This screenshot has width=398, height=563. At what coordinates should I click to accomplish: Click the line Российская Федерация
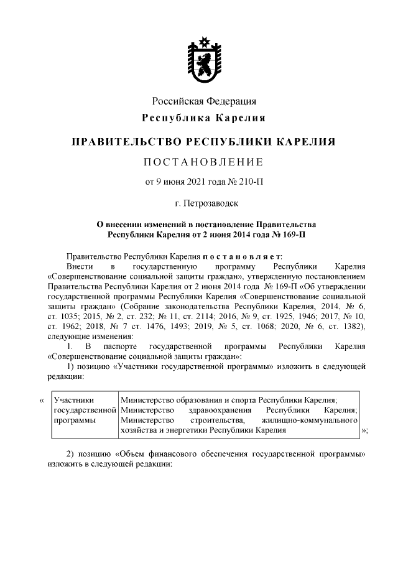205,101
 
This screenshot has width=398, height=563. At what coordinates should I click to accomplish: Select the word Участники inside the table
72,401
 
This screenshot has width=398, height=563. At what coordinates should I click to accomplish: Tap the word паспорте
118,345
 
